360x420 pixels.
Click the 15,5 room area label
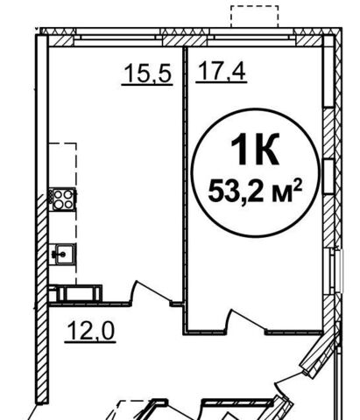147,73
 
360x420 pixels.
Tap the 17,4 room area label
222,72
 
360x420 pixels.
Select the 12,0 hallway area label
90,331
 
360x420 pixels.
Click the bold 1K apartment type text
255,150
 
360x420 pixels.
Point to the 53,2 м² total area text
254,191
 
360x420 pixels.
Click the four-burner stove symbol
62,199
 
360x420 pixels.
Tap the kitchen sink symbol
62,254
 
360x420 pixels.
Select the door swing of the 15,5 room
152,293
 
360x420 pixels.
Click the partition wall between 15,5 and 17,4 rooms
185,190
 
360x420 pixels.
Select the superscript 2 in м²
298,185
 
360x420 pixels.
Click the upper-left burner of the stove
58,194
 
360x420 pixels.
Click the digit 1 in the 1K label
237,150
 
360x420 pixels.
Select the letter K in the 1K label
265,150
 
